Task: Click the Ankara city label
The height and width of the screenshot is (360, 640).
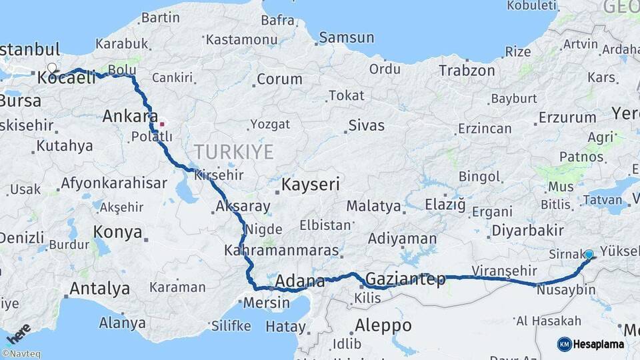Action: [x=130, y=117]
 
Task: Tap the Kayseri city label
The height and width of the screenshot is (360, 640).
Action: [x=310, y=184]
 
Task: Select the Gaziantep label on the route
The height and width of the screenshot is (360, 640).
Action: [x=405, y=279]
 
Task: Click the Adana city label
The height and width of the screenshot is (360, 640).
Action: [x=299, y=280]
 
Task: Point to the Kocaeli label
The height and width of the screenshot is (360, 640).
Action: [x=67, y=78]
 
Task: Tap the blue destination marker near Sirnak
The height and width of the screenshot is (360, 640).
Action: [x=589, y=254]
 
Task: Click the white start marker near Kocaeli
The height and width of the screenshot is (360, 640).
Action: [x=52, y=68]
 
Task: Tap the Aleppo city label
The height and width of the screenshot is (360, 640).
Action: [x=383, y=326]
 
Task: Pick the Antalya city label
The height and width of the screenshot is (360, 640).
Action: [x=99, y=289]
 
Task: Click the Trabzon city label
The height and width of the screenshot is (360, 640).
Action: [x=467, y=70]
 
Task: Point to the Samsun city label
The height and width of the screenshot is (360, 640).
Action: [x=346, y=37]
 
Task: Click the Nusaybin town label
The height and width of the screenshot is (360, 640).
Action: [x=565, y=290]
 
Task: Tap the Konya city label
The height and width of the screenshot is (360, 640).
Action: [x=117, y=232]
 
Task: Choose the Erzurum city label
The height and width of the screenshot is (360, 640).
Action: [x=566, y=118]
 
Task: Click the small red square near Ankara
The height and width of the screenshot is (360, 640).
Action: [x=161, y=123]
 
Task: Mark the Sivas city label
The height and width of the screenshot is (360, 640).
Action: [x=367, y=125]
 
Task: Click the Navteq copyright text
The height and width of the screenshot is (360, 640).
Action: [x=21, y=354]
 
